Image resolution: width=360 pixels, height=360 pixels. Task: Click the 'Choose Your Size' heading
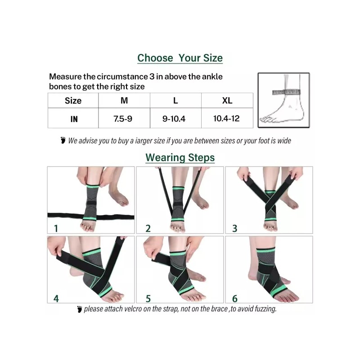click(180, 58)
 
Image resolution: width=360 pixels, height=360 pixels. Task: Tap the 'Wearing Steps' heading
click(180, 158)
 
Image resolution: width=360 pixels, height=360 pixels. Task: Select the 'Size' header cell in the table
click(73, 100)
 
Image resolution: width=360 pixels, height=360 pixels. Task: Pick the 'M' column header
click(124, 100)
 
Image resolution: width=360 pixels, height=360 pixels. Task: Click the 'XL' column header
click(227, 100)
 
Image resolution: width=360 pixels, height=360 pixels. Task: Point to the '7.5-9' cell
click(123, 119)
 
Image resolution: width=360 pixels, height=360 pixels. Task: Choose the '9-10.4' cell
click(174, 119)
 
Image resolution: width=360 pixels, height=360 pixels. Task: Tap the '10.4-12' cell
click(226, 118)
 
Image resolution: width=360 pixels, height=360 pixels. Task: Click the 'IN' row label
click(74, 119)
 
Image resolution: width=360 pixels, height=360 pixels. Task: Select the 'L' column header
click(175, 100)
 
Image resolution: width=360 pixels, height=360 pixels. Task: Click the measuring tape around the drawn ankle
click(286, 92)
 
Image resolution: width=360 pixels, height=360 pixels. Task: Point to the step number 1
click(56, 229)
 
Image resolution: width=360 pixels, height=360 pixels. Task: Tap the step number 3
click(234, 229)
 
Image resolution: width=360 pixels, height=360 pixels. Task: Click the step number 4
click(56, 298)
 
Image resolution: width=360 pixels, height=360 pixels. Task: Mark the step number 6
click(234, 298)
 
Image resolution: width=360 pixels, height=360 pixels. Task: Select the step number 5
click(148, 298)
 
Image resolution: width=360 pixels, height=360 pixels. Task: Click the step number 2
click(148, 229)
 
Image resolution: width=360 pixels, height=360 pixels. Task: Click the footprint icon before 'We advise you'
click(63, 140)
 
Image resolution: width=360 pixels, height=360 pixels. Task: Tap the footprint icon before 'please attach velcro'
click(80, 309)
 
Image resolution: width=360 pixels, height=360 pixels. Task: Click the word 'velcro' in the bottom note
click(133, 309)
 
